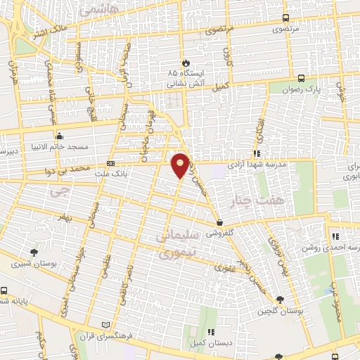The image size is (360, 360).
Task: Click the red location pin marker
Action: click(x=181, y=165)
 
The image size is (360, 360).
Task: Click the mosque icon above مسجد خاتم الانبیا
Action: click(x=59, y=136)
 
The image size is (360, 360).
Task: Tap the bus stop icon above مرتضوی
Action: click(x=285, y=18)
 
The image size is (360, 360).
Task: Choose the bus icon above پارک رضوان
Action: click(x=301, y=79)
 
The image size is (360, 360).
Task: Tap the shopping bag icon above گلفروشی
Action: click(x=221, y=223)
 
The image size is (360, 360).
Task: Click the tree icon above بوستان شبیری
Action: click(x=33, y=252)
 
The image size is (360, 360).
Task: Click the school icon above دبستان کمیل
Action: click(x=210, y=333)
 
